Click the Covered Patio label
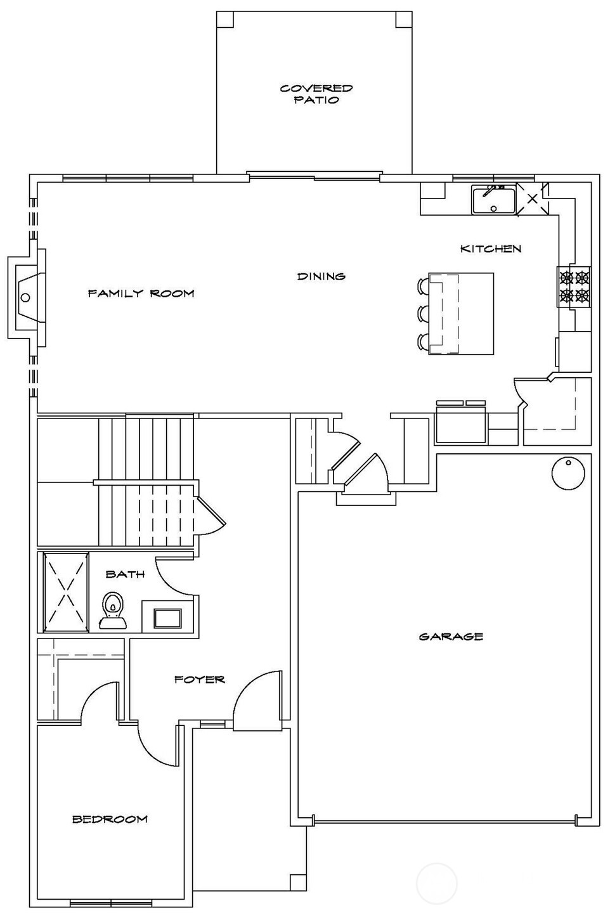click(316, 94)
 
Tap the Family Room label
click(141, 293)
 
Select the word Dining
click(321, 276)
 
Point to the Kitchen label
click(491, 249)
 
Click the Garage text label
click(451, 636)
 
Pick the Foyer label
click(200, 679)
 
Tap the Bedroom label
click(110, 819)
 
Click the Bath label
click(125, 574)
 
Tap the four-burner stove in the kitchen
click(573, 286)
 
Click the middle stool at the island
click(423, 313)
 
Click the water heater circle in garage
click(568, 473)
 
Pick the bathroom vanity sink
click(167, 618)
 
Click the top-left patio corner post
click(225, 19)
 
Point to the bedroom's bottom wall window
click(110, 903)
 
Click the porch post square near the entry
click(297, 882)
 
